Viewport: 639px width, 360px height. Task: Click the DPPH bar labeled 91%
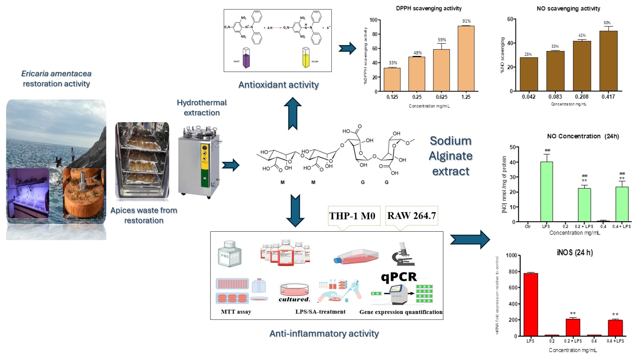(x=466, y=58)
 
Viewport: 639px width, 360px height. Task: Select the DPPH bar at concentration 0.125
(x=392, y=79)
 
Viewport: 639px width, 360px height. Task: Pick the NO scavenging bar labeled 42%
(x=582, y=66)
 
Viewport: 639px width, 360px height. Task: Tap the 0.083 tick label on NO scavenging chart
(x=555, y=97)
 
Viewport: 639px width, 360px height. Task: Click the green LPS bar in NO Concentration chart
(x=546, y=192)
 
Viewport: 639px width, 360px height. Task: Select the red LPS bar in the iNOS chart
(x=531, y=304)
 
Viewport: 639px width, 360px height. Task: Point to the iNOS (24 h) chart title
(x=575, y=252)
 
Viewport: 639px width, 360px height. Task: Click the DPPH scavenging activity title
(x=429, y=8)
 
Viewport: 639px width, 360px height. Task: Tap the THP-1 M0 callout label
(x=352, y=216)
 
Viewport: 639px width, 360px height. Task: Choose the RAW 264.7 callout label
(x=411, y=216)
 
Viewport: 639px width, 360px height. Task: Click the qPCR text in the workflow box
(x=399, y=277)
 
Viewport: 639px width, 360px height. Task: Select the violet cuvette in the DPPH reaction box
(x=246, y=58)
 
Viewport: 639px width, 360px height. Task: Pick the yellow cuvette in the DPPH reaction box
(x=306, y=58)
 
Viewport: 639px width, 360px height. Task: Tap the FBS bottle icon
(x=229, y=254)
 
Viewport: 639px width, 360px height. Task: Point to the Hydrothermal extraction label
(x=202, y=108)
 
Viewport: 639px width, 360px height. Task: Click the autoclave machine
(x=199, y=163)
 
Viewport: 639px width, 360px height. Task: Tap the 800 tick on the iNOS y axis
(x=512, y=272)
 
